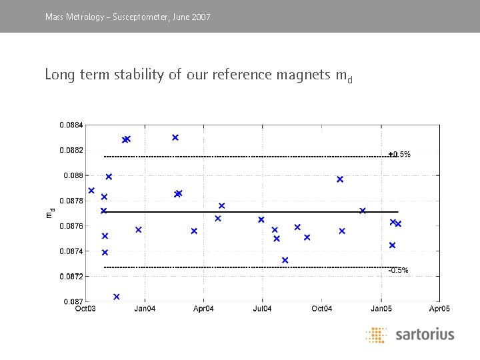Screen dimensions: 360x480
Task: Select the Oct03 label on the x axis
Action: [85, 309]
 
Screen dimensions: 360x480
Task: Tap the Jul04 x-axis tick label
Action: [262, 309]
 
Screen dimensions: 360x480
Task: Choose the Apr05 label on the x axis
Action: [439, 309]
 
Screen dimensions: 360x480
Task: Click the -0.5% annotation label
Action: [398, 270]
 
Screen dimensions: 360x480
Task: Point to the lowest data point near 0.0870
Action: [117, 297]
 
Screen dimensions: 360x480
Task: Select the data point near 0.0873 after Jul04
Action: [285, 260]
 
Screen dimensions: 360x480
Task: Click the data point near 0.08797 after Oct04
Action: [340, 179]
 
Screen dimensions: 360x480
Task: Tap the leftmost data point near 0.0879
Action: [91, 191]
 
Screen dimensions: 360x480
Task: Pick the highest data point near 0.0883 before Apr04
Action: [175, 137]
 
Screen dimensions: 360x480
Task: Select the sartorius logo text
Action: [425, 334]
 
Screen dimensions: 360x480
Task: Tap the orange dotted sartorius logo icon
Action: [377, 335]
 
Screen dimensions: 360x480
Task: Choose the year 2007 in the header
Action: [201, 16]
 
